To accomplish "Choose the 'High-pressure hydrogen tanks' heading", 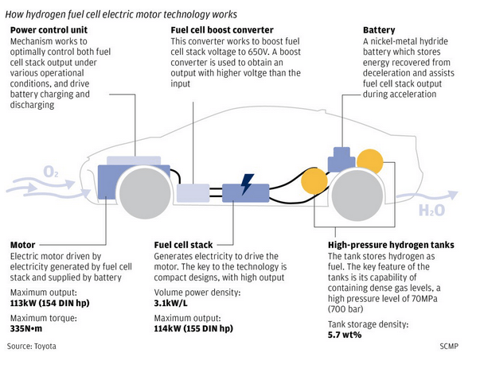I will (x=391, y=245).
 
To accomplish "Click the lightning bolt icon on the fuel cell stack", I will (x=248, y=188).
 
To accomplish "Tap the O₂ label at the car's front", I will (x=51, y=172).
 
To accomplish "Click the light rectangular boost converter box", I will (x=193, y=192).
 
